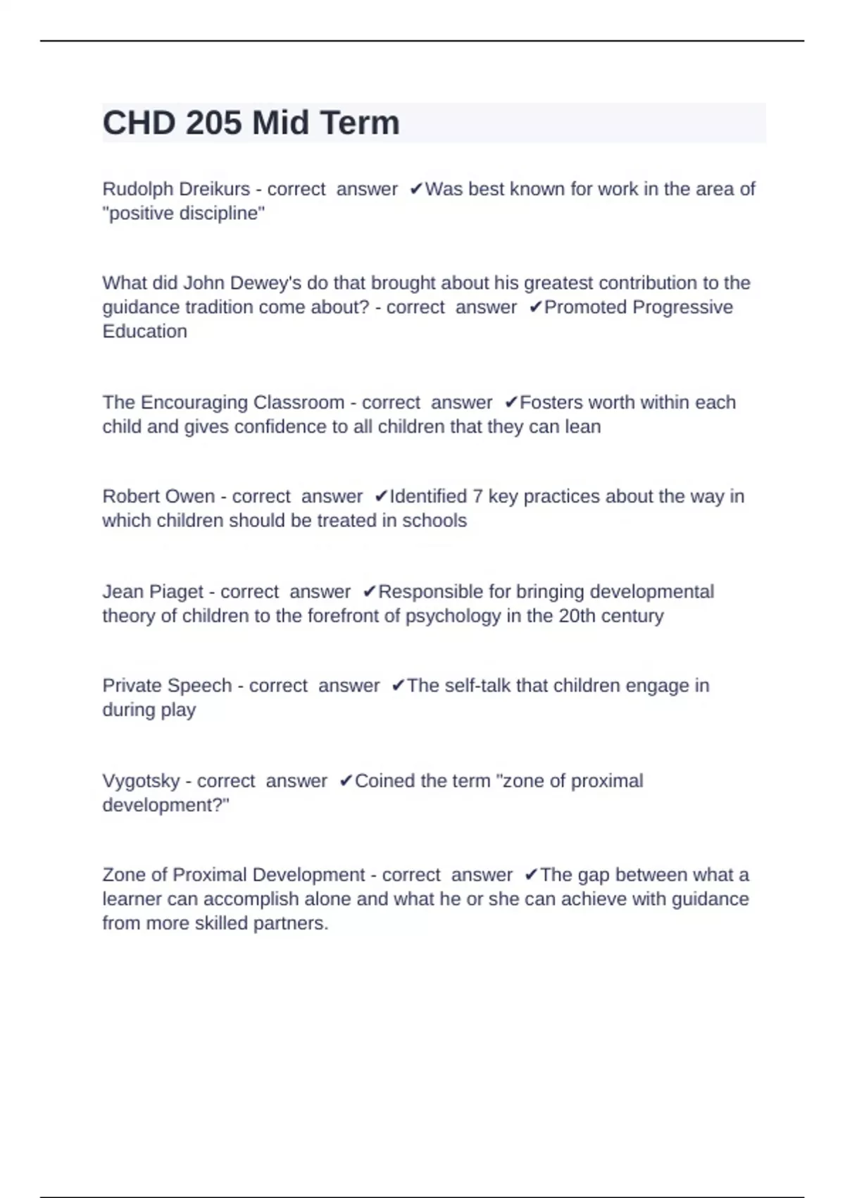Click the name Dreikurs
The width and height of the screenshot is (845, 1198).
[x=215, y=189]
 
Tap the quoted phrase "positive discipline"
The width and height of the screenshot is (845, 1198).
[x=184, y=213]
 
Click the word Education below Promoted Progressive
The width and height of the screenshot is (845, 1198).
[x=144, y=331]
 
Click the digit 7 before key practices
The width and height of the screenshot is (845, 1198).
[x=477, y=496]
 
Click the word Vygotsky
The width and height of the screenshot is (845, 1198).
[x=141, y=781]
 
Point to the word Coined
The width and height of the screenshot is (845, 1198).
[x=383, y=781]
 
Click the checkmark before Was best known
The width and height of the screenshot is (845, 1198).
[x=416, y=189]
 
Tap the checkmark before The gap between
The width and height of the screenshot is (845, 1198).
[x=531, y=875]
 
